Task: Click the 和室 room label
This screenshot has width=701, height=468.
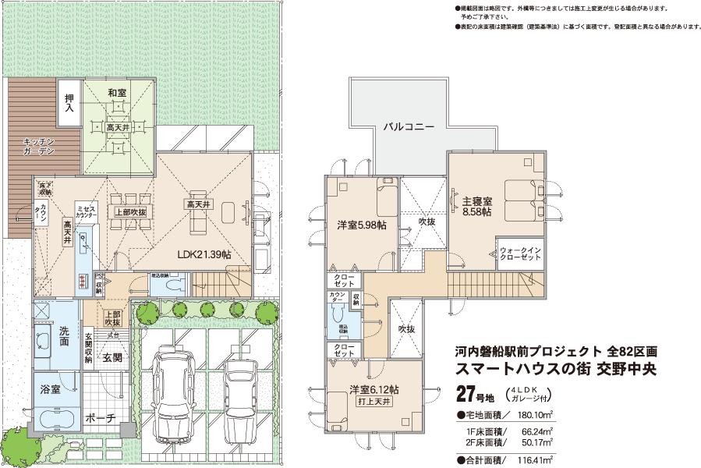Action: (x=117, y=93)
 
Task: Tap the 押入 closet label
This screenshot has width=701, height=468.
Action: (x=69, y=104)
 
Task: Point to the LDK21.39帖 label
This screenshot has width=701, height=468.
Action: (x=204, y=253)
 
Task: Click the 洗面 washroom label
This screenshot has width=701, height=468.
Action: (x=65, y=336)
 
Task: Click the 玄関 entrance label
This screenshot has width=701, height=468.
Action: (x=112, y=358)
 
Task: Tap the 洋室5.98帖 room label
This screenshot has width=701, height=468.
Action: (x=358, y=225)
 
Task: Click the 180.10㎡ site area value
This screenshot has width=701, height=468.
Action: (x=536, y=413)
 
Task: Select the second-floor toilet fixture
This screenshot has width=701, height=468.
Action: (x=338, y=314)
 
